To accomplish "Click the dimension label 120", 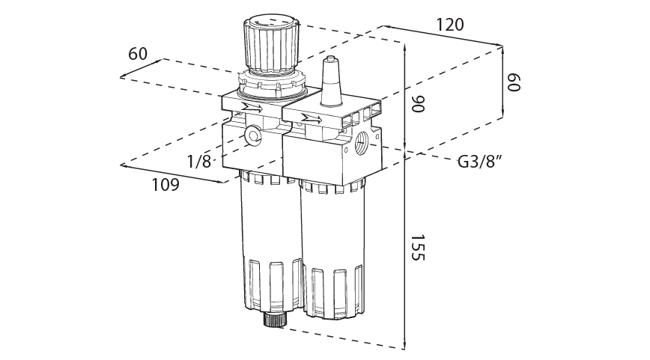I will (449, 25).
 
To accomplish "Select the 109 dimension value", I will (165, 185).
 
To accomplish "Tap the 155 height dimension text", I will (417, 246).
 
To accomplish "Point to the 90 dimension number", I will (417, 104).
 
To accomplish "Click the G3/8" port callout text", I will (479, 162).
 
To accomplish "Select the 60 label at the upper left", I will (138, 54).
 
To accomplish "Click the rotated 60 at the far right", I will (513, 82).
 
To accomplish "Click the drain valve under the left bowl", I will (274, 321).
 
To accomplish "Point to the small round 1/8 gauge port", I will (252, 135).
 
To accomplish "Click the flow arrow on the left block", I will (249, 110).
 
